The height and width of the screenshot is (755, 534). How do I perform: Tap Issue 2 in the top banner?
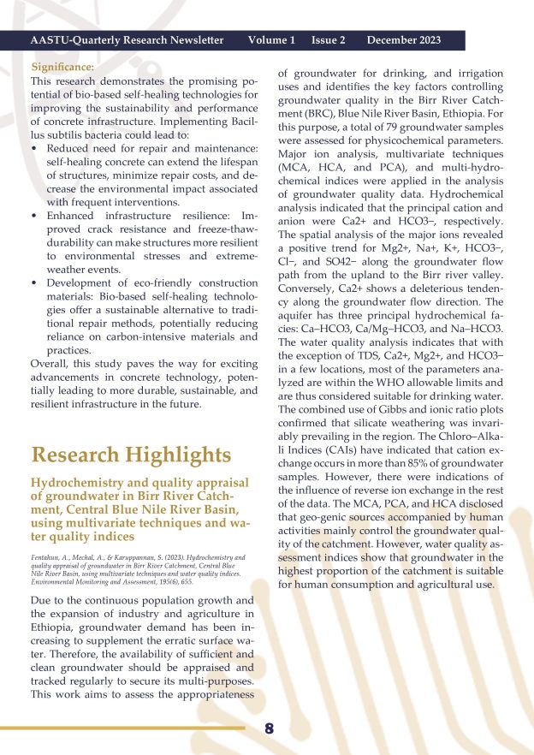point(329,40)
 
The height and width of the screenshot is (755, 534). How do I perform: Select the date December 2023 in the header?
point(404,40)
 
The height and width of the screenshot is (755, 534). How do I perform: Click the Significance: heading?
point(62,67)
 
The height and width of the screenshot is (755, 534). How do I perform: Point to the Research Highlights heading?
point(130,455)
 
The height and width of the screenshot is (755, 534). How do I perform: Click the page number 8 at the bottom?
point(269,729)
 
